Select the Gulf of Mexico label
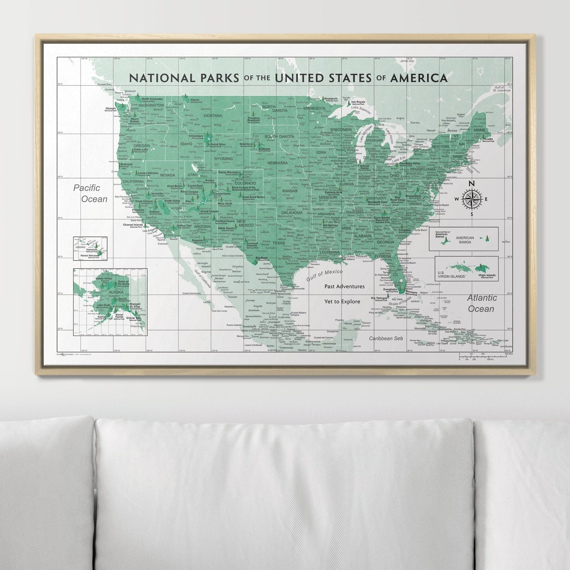coord(325,275)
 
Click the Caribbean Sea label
coord(386,338)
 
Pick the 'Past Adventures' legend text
coord(344,287)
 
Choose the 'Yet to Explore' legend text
coord(342,301)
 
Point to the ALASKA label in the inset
coord(105,292)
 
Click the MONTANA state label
coord(213,116)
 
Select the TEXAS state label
coord(278,243)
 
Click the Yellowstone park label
coord(196,136)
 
